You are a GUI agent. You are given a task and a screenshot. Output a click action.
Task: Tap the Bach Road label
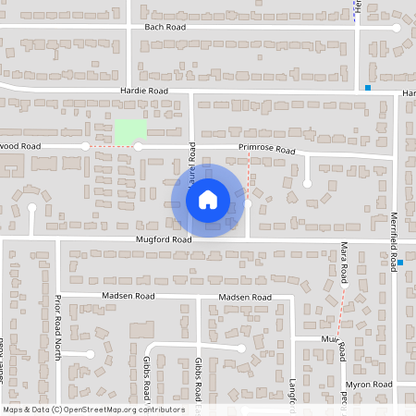click(165, 28)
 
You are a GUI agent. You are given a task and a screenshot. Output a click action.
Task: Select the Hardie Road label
click(143, 91)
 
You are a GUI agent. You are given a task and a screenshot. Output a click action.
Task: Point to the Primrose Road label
click(265, 149)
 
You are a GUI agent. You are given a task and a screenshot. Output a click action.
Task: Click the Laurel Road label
click(192, 163)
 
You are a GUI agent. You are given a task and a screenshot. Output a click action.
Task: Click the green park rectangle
click(129, 132)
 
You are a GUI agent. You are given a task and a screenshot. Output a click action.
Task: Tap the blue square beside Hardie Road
click(368, 88)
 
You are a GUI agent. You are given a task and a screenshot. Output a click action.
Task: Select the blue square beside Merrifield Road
click(399, 263)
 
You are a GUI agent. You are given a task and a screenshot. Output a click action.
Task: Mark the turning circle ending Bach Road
click(397, 28)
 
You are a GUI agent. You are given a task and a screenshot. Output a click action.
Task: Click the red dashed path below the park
click(111, 146)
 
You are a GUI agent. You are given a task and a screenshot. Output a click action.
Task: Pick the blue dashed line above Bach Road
click(355, 9)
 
